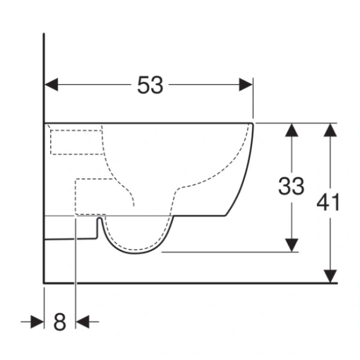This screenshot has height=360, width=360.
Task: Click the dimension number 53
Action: pos(150,85)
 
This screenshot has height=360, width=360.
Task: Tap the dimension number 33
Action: pos(291,186)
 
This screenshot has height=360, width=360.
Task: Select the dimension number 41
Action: pos(328,202)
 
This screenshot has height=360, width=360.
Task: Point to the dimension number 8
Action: pos(59,322)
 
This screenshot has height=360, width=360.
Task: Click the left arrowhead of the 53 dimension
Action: pos(51,85)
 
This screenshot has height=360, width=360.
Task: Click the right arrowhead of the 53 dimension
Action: pos(246,85)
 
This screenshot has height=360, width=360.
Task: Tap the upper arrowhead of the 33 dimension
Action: pos(292,130)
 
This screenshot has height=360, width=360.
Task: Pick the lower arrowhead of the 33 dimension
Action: pos(292,245)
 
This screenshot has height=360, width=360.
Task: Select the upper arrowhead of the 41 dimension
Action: pos(330,130)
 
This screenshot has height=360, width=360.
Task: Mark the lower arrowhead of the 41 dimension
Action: pos(330,276)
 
